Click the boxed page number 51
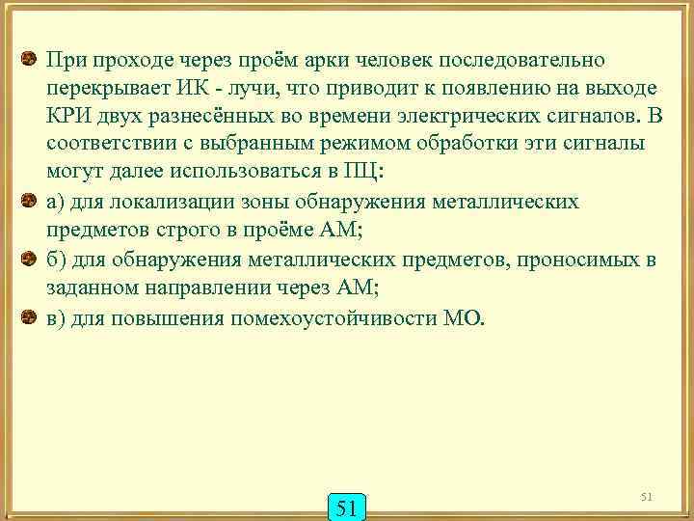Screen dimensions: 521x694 tap(347, 505)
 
